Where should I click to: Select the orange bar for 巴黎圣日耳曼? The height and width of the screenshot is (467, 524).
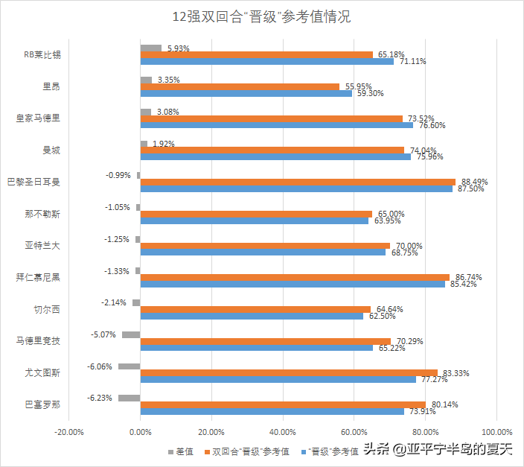point(298,182)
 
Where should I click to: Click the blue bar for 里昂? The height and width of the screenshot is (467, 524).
point(246,94)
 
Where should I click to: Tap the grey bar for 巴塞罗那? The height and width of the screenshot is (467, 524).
point(130,398)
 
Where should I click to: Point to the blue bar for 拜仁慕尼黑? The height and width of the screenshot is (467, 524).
point(293,285)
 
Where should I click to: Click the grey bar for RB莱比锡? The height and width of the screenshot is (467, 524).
point(151,48)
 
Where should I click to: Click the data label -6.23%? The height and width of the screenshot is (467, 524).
point(100,398)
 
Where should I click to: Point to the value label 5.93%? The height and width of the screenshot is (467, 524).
point(179,48)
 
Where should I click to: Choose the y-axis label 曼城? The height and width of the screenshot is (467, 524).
point(52,150)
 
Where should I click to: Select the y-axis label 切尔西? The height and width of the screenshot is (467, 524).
point(48,309)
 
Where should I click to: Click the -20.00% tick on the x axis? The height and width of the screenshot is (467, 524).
point(69,431)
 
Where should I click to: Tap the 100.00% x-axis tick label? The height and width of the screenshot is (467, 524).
point(496,431)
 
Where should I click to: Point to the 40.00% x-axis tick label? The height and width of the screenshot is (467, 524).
point(283,431)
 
